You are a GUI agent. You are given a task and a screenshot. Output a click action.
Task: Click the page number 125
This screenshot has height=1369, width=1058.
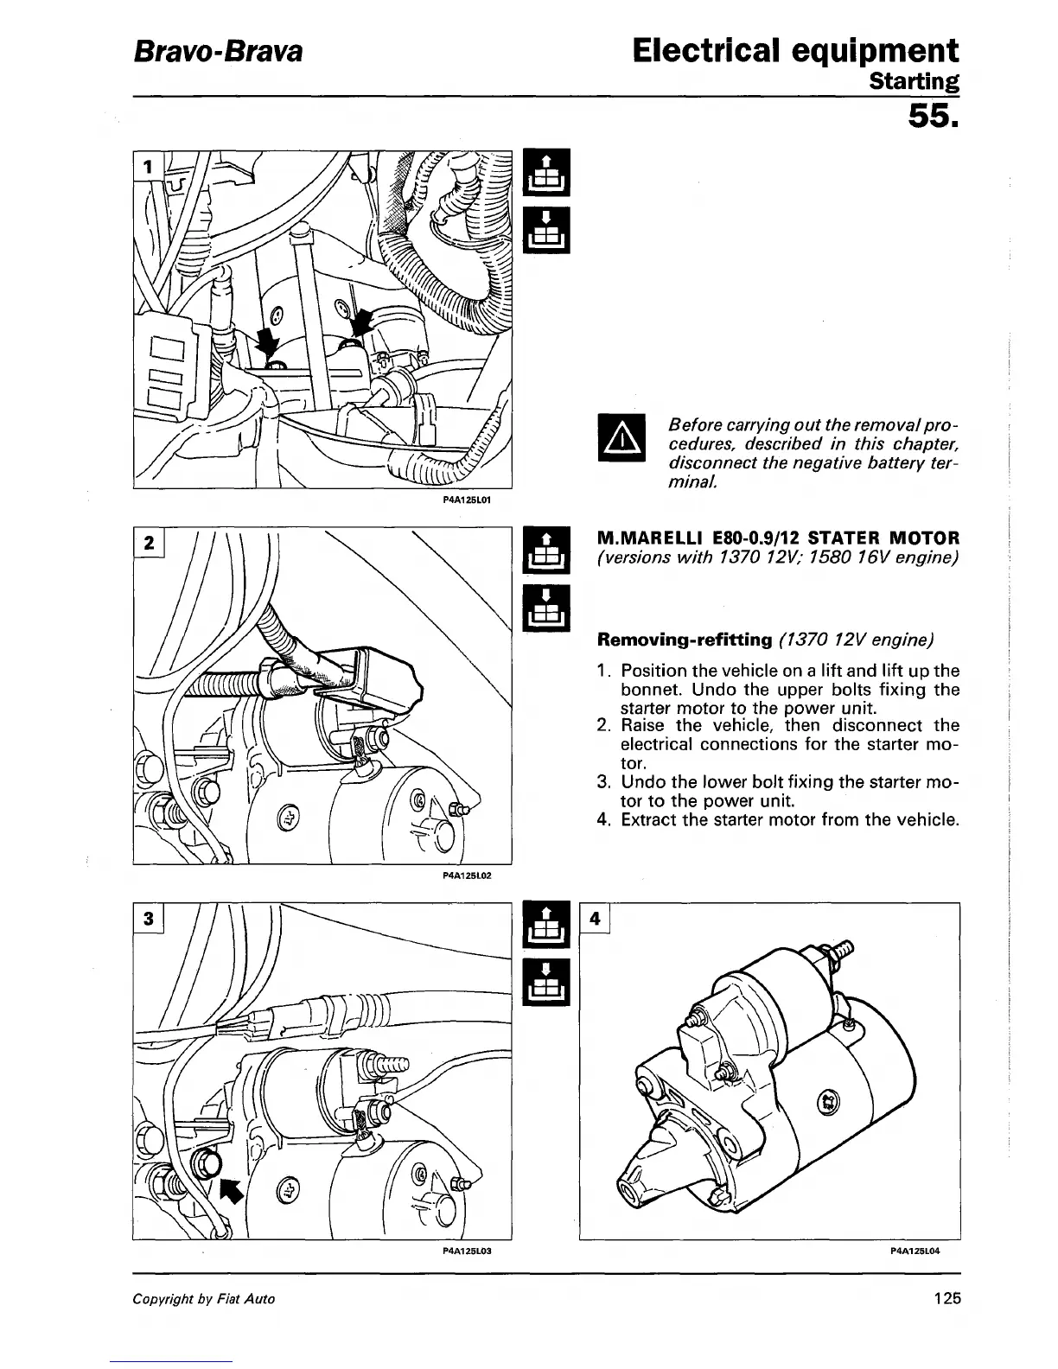pyautogui.click(x=946, y=1298)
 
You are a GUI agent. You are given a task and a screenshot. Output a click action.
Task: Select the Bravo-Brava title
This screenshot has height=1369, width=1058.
pyautogui.click(x=217, y=52)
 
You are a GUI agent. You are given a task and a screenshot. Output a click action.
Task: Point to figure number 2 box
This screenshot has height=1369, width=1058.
pyautogui.click(x=149, y=544)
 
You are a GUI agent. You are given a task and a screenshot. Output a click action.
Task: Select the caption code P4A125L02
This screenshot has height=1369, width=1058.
pyautogui.click(x=467, y=875)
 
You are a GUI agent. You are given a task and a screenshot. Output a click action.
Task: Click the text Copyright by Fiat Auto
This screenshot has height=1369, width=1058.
pyautogui.click(x=204, y=1299)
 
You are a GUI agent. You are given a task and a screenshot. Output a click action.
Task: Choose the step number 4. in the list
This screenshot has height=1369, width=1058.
pyautogui.click(x=605, y=819)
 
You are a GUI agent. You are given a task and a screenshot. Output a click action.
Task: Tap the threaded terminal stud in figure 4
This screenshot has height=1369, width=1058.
pyautogui.click(x=841, y=956)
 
